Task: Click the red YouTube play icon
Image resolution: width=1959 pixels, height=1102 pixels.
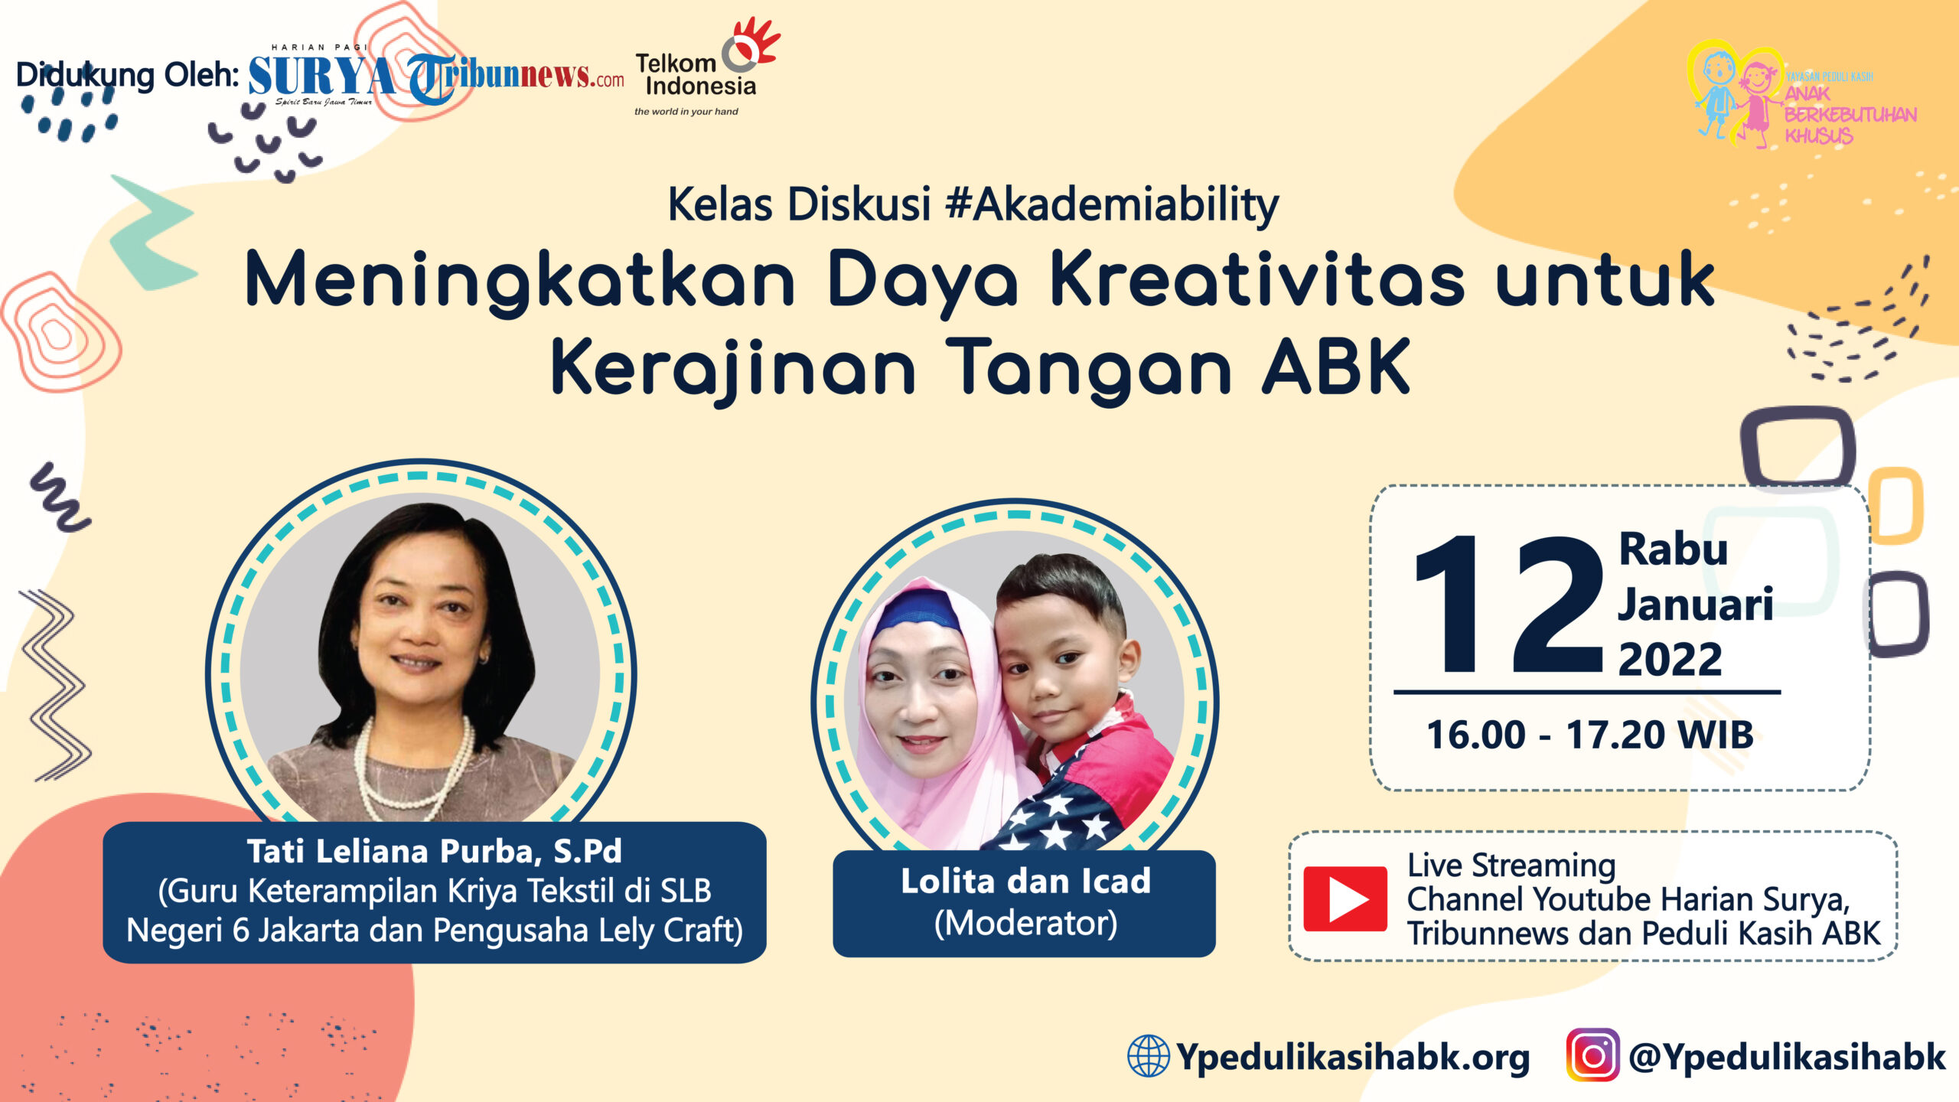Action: tap(1345, 898)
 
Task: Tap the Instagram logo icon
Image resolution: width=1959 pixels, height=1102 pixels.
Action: tap(1592, 1055)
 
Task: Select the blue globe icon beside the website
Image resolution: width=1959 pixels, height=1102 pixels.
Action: tap(1148, 1055)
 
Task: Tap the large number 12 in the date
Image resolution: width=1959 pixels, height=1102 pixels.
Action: tap(1508, 605)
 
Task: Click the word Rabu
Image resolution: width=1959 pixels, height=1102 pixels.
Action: tap(1674, 549)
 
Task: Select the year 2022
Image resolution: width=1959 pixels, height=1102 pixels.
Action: tap(1670, 659)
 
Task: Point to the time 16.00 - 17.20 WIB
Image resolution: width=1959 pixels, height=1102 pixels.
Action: tap(1590, 735)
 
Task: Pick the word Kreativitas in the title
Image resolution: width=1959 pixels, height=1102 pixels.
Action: tap(1257, 281)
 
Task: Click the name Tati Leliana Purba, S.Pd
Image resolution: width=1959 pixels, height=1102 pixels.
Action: tap(434, 851)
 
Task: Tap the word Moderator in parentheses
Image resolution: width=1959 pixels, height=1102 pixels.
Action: tap(1025, 923)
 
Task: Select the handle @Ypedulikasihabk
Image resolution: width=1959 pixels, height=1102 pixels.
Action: tap(1787, 1057)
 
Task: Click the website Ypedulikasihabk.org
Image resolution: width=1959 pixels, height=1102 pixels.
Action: tap(1353, 1057)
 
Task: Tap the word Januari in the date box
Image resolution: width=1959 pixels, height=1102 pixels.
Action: tap(1696, 605)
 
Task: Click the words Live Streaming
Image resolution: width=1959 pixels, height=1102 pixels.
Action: tap(1511, 866)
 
